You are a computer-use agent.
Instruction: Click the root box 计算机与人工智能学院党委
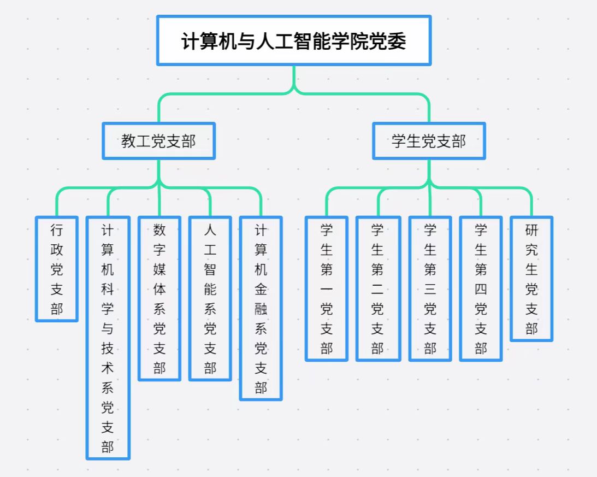(x=294, y=41)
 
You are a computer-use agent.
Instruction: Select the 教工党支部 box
(x=158, y=141)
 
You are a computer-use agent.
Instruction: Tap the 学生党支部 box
(x=429, y=141)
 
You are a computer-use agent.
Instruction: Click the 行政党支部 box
(x=57, y=269)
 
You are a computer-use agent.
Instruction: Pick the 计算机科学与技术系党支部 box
(x=108, y=338)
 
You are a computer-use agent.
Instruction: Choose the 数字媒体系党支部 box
(x=159, y=298)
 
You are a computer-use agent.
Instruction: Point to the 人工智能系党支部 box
(x=210, y=298)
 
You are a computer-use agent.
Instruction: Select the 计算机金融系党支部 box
(x=261, y=308)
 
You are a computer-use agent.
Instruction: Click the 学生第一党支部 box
(x=327, y=288)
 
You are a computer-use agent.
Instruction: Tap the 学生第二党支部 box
(x=377, y=288)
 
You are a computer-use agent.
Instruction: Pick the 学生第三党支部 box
(x=430, y=288)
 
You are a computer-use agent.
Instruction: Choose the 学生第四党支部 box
(x=481, y=288)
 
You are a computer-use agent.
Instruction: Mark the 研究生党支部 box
(x=531, y=279)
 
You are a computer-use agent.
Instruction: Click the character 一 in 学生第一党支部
(x=327, y=289)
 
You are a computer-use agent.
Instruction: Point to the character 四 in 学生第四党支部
(x=481, y=289)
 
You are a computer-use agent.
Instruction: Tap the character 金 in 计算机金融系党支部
(x=261, y=289)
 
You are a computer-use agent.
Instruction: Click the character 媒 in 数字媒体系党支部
(x=159, y=269)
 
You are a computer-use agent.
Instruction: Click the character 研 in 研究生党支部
(x=531, y=230)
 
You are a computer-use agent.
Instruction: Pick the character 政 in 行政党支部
(x=57, y=250)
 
